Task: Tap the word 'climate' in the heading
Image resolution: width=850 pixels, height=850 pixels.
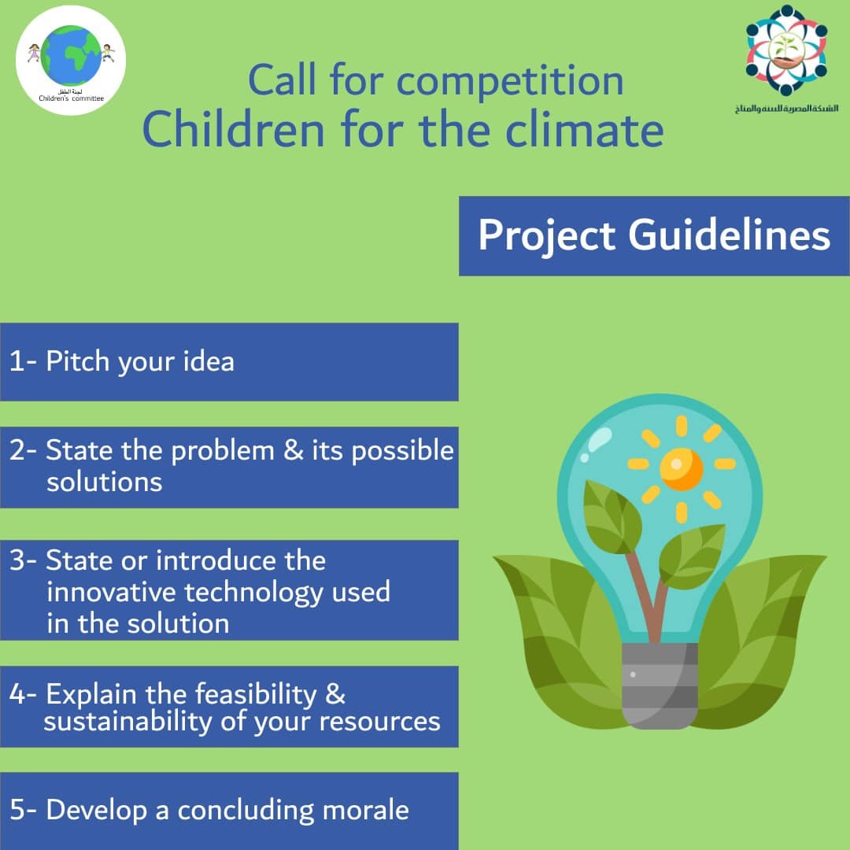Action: tap(584, 130)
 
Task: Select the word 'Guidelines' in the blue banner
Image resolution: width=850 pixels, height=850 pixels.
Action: tap(729, 236)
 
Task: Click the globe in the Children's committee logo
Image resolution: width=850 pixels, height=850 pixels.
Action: tap(71, 55)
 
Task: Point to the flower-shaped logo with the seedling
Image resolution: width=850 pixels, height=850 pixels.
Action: tap(786, 50)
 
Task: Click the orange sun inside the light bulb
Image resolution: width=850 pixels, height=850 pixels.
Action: tap(682, 469)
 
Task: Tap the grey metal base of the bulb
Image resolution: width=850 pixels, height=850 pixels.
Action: tap(660, 686)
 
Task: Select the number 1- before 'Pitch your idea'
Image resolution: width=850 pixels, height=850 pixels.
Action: tap(23, 361)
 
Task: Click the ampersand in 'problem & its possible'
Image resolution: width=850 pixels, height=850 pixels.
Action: tap(294, 450)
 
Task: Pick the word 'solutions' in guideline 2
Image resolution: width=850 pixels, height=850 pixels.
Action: tap(104, 482)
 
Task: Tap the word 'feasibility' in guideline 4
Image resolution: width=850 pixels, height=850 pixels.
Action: tap(256, 694)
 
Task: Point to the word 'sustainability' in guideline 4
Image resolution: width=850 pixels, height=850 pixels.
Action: tap(128, 722)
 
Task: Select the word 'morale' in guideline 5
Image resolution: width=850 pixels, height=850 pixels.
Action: tap(365, 811)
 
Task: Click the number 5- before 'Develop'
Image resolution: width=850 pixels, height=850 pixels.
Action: tap(23, 810)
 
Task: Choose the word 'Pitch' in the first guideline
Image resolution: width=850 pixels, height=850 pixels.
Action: tap(77, 361)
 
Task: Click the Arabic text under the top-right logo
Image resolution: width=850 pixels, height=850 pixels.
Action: tap(786, 109)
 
